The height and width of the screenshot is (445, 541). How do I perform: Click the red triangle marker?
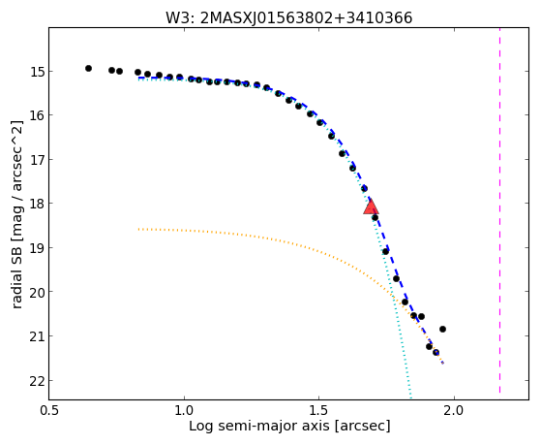(371, 207)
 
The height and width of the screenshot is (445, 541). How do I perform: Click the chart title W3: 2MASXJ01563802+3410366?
(288, 17)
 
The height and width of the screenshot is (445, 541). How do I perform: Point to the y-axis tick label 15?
(36, 72)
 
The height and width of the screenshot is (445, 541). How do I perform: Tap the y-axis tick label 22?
(36, 381)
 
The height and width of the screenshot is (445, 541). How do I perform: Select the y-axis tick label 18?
(36, 203)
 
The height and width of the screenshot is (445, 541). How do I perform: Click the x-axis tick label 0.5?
(49, 411)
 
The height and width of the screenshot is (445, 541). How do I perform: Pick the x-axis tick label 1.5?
(319, 411)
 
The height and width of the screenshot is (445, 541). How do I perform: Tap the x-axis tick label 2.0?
(455, 411)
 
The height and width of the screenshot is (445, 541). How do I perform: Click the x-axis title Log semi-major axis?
(259, 426)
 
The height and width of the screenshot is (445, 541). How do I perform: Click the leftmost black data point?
(88, 69)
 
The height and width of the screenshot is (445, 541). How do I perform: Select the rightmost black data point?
(442, 330)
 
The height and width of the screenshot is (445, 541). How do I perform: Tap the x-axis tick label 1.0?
(184, 411)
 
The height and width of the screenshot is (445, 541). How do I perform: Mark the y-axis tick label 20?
(36, 292)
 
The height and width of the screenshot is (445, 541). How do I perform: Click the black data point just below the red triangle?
(375, 218)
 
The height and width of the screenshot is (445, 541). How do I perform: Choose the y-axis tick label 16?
(36, 114)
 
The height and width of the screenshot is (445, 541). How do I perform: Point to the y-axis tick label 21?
(36, 335)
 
